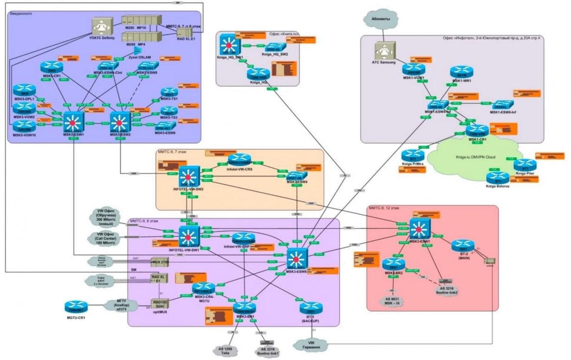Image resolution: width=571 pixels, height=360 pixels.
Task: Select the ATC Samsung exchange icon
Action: pos(385,51)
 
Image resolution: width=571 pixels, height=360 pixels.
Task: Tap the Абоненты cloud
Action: pos(380,20)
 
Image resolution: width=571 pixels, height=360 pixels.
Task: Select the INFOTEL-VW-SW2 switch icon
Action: pos(189,178)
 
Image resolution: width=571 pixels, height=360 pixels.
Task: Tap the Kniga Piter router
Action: pos(525,165)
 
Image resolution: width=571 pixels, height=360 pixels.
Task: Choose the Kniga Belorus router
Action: pos(498,178)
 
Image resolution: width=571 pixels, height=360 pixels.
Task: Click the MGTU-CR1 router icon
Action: pos(76,306)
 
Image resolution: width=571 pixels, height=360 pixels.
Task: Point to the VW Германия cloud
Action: pos(311,345)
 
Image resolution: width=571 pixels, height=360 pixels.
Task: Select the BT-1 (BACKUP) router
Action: pos(311,308)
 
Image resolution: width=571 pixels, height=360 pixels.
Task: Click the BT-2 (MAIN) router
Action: pos(462,246)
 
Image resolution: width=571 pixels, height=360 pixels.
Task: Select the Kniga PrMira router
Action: pos(412,155)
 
